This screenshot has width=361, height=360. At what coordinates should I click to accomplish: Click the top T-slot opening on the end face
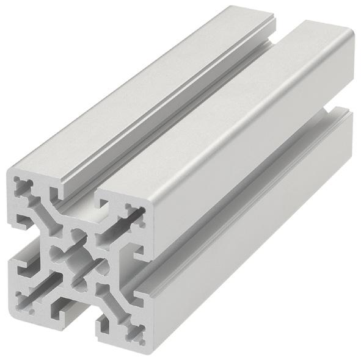76,198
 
